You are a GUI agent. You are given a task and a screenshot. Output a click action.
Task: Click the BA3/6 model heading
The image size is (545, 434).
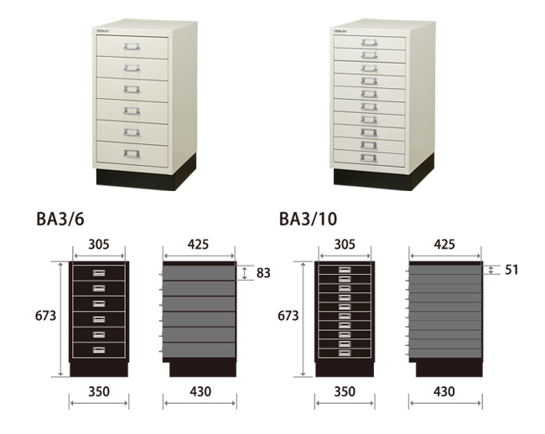[60, 219]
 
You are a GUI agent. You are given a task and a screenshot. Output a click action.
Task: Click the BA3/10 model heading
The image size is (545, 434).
[308, 219]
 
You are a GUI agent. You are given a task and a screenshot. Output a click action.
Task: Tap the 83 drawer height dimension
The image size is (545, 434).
[263, 273]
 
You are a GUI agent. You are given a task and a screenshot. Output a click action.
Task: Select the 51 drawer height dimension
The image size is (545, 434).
[511, 270]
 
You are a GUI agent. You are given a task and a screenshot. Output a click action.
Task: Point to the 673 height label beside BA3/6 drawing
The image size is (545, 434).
[45, 316]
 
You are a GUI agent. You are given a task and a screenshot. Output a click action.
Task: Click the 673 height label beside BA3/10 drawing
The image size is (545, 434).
[288, 316]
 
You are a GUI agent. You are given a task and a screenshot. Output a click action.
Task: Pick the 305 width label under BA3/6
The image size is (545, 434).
[99, 245]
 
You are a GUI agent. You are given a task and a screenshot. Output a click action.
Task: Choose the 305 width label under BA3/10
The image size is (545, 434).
[345, 245]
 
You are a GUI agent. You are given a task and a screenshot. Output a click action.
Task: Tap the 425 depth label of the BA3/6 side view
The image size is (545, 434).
[198, 245]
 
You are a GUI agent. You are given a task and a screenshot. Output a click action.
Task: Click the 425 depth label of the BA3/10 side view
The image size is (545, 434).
[444, 245]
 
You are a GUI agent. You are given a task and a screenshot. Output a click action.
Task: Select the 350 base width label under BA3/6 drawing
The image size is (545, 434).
[99, 391]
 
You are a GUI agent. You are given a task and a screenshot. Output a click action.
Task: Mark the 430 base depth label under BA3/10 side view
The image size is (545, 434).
[444, 391]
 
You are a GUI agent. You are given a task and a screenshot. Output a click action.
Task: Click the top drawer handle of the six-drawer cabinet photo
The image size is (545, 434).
[132, 46]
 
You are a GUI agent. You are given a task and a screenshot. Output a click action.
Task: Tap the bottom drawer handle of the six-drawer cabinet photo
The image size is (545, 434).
[132, 153]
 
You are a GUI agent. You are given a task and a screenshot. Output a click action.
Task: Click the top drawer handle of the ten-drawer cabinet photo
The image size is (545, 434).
[369, 43]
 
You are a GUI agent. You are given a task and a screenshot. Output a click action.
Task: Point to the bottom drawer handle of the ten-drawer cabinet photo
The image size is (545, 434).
[368, 158]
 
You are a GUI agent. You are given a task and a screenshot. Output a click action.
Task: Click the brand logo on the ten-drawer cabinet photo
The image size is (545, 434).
[340, 31]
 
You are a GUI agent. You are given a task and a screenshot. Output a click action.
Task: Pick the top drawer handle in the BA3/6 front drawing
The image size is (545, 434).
[99, 273]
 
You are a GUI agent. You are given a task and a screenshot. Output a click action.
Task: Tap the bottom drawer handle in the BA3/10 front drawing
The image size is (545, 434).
[345, 353]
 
